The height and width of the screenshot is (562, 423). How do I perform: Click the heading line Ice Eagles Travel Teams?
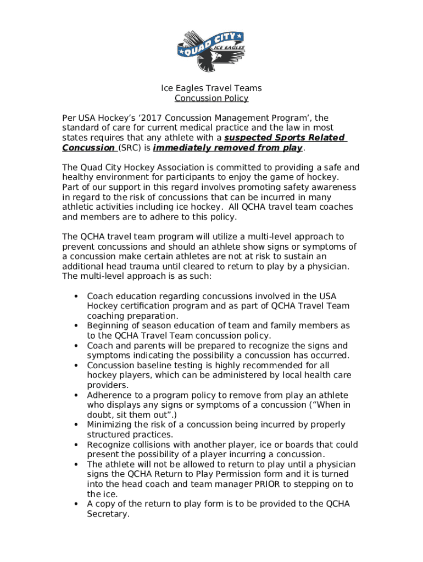211,88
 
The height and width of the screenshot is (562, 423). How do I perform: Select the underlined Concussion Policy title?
211,98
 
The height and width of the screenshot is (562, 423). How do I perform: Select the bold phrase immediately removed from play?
227,148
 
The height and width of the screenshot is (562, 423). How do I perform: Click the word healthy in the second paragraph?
77,177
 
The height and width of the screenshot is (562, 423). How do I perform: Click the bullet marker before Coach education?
75,296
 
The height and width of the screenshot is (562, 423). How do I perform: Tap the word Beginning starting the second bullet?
109,325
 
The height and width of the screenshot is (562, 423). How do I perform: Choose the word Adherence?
110,395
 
